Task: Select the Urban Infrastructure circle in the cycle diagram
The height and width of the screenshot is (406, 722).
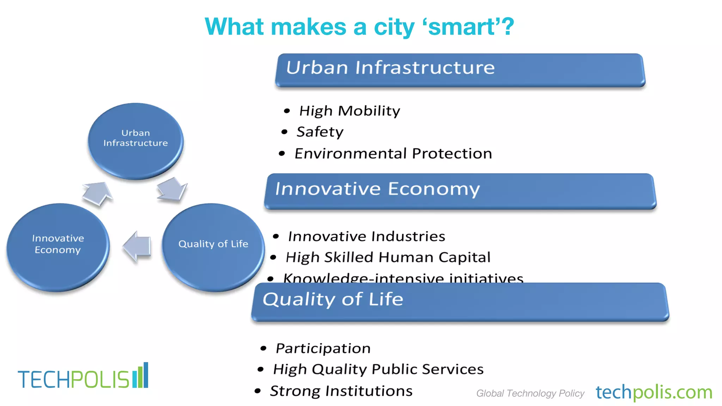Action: point(135,141)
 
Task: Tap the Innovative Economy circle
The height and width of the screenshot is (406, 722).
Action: point(58,247)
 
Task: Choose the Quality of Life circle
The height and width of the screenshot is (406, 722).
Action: point(213,247)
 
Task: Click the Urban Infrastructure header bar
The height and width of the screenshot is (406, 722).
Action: point(460,69)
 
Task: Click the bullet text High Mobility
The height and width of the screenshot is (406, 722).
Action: point(349,111)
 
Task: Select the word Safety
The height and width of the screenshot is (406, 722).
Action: point(320,132)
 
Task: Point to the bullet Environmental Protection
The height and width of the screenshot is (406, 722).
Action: point(393,154)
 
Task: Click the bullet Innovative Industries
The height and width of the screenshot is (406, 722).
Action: point(366,236)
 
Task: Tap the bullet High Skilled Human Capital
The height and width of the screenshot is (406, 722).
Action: point(388,258)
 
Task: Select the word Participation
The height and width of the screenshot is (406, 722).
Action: point(323,349)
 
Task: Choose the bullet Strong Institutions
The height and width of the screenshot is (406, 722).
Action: point(341,391)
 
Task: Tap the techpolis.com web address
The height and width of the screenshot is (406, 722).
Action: point(654,392)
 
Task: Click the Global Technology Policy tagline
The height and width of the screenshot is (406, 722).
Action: point(530,393)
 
